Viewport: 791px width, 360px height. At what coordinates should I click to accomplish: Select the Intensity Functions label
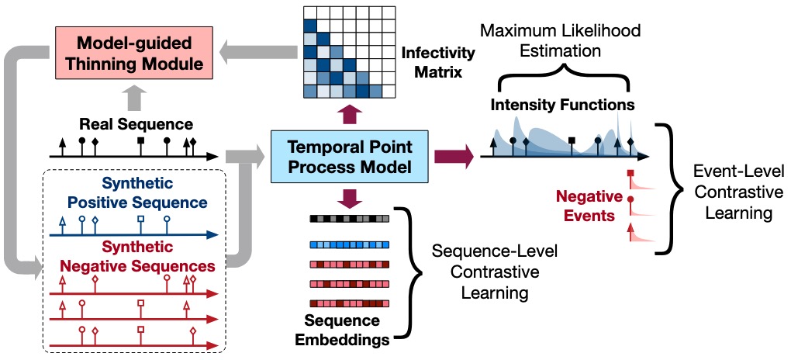[x=562, y=105]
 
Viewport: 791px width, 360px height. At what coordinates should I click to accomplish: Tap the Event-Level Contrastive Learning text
[x=738, y=192]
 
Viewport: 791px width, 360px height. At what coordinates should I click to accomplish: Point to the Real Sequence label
[x=136, y=124]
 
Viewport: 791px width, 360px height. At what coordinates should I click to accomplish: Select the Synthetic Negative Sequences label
[x=137, y=256]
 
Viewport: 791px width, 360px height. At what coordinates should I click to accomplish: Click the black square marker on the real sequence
[x=141, y=140]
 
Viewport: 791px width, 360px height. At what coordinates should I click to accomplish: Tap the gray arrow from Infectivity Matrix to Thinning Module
[x=259, y=54]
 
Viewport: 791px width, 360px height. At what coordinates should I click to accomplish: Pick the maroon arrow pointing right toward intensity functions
[x=454, y=157]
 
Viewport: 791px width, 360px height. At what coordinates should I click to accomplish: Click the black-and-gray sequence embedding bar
[x=350, y=219]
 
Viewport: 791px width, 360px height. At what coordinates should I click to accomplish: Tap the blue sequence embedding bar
[x=350, y=245]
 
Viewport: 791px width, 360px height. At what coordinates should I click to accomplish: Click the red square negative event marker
[x=630, y=173]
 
